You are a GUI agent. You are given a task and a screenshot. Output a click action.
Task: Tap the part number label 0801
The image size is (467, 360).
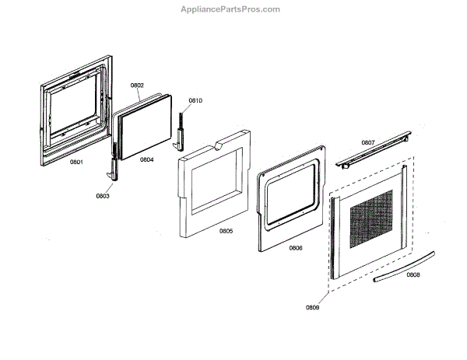[76, 162]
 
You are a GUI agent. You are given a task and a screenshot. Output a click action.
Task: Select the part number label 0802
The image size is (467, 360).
[137, 86]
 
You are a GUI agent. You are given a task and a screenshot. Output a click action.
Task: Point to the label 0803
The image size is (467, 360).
[103, 196]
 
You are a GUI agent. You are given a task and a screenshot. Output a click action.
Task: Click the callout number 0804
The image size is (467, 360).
[147, 159]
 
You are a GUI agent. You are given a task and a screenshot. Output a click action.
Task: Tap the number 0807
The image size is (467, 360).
[368, 142]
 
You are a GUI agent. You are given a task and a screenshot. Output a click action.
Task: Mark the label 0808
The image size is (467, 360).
[413, 274]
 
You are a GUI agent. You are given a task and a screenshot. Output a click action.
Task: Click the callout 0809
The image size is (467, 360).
[312, 307]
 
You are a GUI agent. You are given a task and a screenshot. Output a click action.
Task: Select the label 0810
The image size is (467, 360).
[195, 100]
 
